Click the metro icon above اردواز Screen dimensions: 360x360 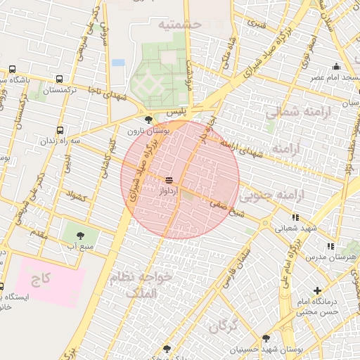pos(169,180)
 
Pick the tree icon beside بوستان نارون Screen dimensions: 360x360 pos(147,120)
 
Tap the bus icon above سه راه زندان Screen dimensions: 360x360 pos(60,130)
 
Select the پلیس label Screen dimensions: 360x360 pos(175,112)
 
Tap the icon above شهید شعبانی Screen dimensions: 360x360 pos(295,217)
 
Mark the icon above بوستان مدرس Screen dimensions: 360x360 pos(330,246)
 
